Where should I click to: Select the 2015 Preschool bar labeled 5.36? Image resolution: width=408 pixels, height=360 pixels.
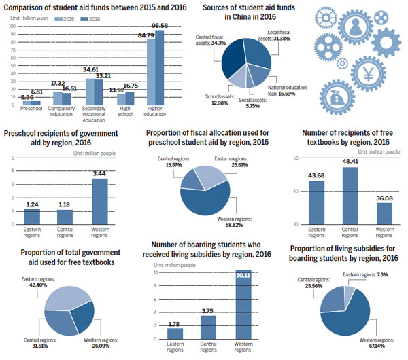tap(26, 103)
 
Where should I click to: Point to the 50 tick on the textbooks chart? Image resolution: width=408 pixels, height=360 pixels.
tap(296, 158)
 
